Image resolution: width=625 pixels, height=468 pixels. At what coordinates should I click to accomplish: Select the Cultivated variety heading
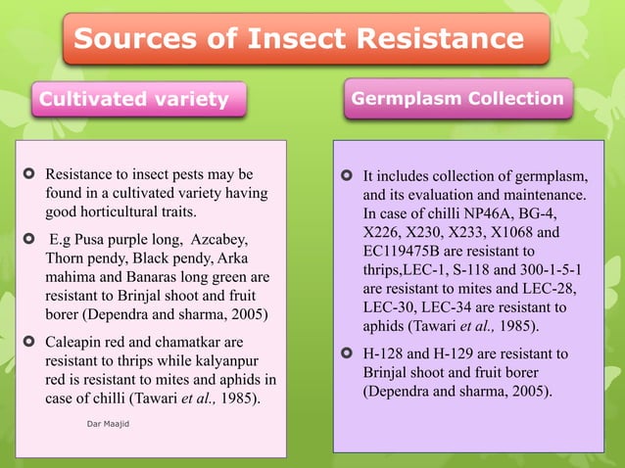[132, 99]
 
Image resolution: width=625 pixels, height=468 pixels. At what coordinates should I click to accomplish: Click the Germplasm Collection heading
[457, 98]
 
